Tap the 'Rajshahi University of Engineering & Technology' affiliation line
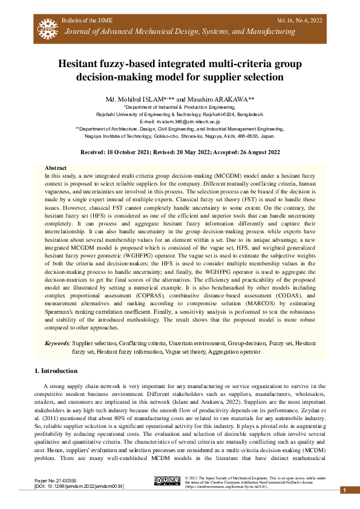point(180,114)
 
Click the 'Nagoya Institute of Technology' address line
point(180,137)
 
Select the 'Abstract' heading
point(56,167)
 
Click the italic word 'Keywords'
point(57,343)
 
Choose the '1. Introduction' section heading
point(56,371)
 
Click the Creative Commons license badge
point(168,481)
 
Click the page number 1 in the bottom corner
point(344,491)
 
